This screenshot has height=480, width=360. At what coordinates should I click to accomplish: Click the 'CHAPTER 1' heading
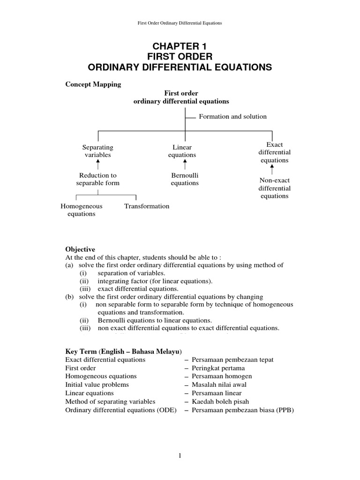coord(180,46)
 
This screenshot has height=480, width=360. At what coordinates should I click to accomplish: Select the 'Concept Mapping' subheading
coord(92,84)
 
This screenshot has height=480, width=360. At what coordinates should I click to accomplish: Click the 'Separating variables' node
coord(97,151)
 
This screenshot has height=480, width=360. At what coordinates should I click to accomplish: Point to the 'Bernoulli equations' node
coord(185,179)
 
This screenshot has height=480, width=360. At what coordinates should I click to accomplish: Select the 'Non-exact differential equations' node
coord(275,188)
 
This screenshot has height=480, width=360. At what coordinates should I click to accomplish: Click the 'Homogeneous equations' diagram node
coord(82,210)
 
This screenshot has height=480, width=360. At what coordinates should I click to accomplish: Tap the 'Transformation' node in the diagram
coord(147,206)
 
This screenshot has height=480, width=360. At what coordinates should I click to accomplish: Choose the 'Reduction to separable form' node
coord(97,179)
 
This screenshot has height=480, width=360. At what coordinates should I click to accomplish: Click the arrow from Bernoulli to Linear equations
coord(185,165)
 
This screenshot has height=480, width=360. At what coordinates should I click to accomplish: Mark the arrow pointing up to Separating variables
coord(98,165)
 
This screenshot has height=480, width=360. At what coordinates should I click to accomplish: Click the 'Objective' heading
coord(80,249)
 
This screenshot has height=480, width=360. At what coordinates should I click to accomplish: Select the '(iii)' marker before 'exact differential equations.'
coord(83,289)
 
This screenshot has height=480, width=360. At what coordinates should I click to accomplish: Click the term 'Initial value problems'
coord(90,384)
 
